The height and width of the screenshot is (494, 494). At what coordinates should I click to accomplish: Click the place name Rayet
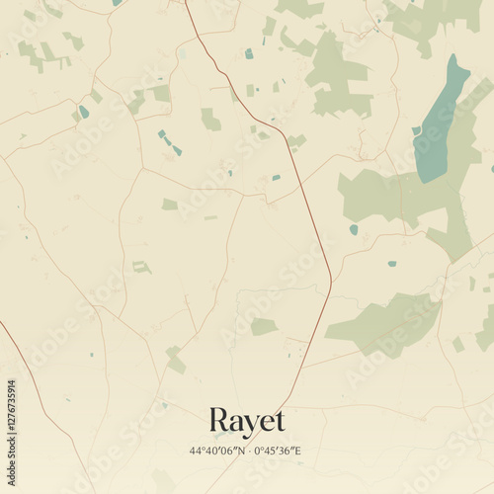(x=247, y=421)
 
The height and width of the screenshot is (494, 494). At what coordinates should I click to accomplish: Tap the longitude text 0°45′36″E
(x=278, y=450)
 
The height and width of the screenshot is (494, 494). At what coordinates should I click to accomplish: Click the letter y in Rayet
(x=245, y=424)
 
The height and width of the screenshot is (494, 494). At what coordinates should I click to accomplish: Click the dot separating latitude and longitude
(x=247, y=450)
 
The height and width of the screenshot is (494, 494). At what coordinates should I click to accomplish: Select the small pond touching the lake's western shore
(x=417, y=130)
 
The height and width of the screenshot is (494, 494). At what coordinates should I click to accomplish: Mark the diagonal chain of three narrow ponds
(x=170, y=142)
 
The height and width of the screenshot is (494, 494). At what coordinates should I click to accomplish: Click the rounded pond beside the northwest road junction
(x=84, y=112)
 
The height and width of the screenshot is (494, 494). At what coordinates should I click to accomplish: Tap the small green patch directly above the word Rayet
(x=263, y=326)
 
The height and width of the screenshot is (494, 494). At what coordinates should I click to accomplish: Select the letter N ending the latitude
(x=238, y=450)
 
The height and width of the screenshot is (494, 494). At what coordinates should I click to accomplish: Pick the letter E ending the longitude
(x=297, y=450)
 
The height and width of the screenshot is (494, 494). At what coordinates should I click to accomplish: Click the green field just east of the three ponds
(x=210, y=121)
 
